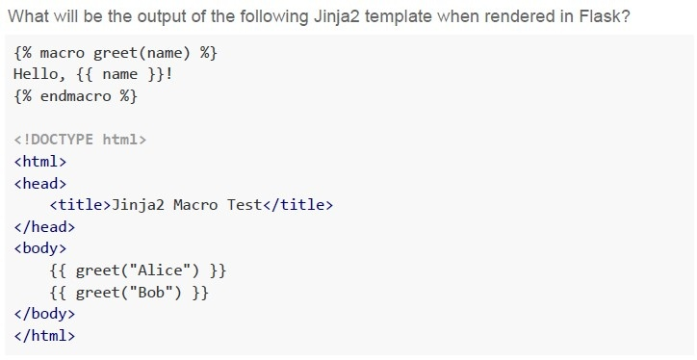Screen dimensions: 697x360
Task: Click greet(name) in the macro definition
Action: pyautogui.click(x=142, y=53)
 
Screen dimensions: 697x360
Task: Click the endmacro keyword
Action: pyautogui.click(x=75, y=95)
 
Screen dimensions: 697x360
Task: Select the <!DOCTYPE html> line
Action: pyautogui.click(x=80, y=140)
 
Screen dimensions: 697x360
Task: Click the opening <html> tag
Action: pyautogui.click(x=40, y=161)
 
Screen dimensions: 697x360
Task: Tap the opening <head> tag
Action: pyautogui.click(x=40, y=183)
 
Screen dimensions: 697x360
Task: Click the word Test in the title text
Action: pyautogui.click(x=245, y=205)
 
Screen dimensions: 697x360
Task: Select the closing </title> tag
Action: pyautogui.click(x=297, y=205)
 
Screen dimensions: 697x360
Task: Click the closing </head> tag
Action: pyautogui.click(x=44, y=226)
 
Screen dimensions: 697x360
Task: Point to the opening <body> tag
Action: pyautogui.click(x=40, y=248)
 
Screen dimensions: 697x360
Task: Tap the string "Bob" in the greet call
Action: pyautogui.click(x=151, y=292)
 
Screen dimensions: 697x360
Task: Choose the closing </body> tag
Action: pyautogui.click(x=44, y=314)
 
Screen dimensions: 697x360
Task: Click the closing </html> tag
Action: pyautogui.click(x=44, y=336)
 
